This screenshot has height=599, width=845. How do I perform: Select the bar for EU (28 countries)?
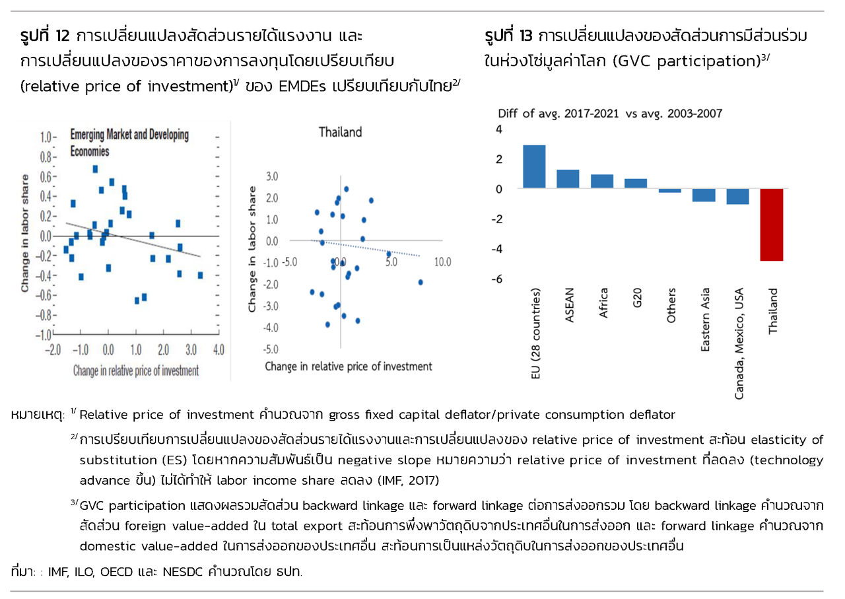(x=534, y=167)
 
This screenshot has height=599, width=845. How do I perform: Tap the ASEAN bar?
(x=568, y=179)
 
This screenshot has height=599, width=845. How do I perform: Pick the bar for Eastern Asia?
(x=704, y=195)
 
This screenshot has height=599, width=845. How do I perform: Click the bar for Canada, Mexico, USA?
(x=737, y=196)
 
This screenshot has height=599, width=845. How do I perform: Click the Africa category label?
(x=603, y=304)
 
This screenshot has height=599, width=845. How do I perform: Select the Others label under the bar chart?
(x=672, y=306)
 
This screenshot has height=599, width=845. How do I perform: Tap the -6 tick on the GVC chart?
(x=499, y=279)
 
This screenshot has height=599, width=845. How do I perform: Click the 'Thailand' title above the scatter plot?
(x=340, y=132)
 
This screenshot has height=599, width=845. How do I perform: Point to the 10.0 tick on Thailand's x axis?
(x=442, y=262)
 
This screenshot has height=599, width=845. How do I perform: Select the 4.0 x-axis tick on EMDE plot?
(x=219, y=349)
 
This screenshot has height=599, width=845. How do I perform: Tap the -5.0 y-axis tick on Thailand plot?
(x=271, y=349)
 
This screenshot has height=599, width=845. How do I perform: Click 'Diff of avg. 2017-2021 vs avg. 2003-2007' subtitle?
(x=610, y=113)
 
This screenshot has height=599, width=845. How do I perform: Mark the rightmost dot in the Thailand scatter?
(x=420, y=282)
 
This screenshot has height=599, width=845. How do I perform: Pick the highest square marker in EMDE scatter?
(x=95, y=169)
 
